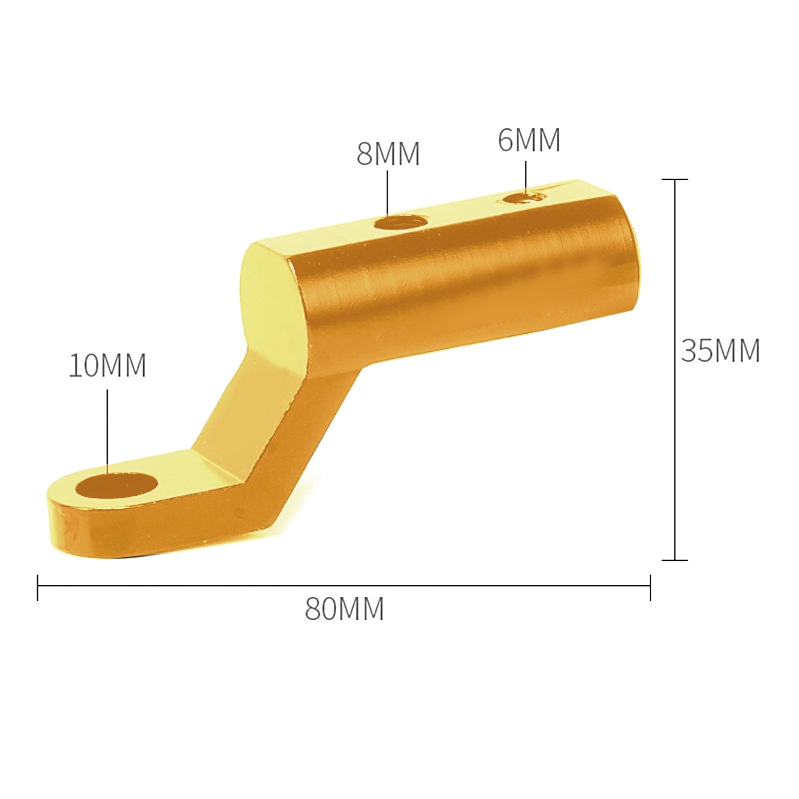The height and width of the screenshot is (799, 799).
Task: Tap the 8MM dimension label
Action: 388,154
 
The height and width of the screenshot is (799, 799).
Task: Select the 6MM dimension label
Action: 529,140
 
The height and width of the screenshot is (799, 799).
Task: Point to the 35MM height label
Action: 720,351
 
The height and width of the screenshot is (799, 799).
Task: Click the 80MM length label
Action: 344,609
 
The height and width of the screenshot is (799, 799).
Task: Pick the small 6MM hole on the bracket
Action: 522,198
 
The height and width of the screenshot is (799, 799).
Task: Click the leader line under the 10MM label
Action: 107,429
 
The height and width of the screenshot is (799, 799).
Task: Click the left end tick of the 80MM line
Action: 38,587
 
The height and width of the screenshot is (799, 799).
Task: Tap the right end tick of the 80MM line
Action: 650,587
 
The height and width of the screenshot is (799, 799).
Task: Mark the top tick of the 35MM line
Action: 675,179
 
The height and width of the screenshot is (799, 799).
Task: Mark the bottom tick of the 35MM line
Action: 675,560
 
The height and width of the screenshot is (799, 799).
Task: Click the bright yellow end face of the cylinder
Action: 272,305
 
